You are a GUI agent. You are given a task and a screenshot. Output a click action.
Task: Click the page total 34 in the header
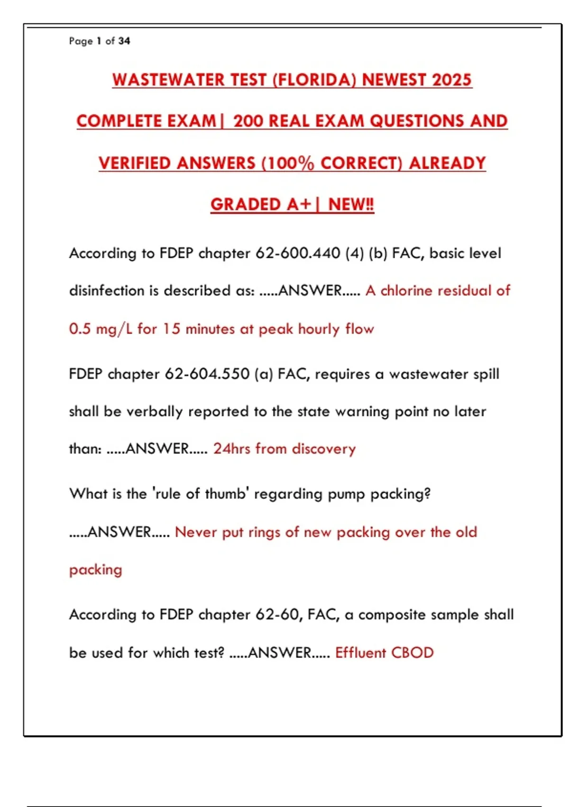click(124, 41)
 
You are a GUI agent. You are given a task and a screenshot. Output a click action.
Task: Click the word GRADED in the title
click(246, 205)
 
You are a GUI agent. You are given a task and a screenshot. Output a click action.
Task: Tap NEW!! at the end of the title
click(351, 205)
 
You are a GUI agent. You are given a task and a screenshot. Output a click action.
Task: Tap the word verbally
click(154, 412)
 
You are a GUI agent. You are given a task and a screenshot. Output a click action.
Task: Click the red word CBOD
click(412, 653)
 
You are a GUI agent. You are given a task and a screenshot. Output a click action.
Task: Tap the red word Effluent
click(360, 653)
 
